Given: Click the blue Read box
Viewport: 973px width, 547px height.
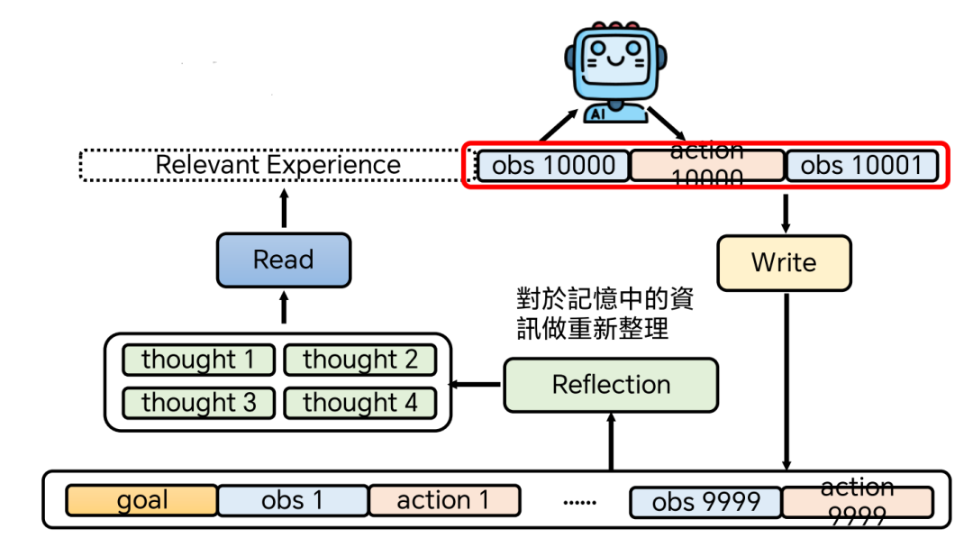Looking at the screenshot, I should [283, 260].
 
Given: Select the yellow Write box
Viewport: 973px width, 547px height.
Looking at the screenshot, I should [784, 263].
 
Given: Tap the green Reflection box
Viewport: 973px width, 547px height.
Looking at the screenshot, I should [611, 385].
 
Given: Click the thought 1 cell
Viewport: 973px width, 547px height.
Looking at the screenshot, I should [198, 360].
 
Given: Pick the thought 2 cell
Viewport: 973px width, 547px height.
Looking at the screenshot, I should [360, 360].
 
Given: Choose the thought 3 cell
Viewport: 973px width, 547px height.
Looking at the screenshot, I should [198, 402].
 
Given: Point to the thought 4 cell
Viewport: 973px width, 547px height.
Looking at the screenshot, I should [360, 402].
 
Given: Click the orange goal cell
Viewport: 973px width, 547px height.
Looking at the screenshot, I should [142, 500].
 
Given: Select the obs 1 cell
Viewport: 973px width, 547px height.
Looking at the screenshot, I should [293, 500].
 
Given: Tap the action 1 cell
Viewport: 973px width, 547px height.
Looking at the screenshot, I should [444, 500].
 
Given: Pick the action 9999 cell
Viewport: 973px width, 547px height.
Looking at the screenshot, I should [857, 502].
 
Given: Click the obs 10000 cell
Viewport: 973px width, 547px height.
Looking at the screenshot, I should [553, 166].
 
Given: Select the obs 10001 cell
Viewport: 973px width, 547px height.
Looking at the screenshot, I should [861, 166].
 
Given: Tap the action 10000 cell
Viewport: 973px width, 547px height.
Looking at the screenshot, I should [706, 166].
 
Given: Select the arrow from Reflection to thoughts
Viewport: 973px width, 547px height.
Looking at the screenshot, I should [475, 385].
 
